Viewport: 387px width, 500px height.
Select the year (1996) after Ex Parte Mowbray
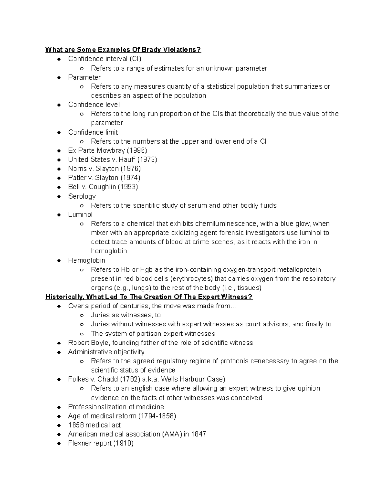[137, 150]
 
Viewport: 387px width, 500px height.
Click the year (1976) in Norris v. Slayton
[131, 169]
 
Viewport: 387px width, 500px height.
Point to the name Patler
[77, 178]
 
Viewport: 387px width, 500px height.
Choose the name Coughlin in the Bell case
[102, 187]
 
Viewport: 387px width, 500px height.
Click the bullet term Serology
[82, 196]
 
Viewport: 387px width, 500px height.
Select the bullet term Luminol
[80, 215]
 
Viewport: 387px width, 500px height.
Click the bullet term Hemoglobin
[86, 260]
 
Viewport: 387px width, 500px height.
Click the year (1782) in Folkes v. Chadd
[130, 379]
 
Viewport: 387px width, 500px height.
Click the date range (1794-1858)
[157, 416]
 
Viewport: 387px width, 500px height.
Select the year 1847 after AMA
[199, 434]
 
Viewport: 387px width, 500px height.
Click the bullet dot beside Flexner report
[59, 444]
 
